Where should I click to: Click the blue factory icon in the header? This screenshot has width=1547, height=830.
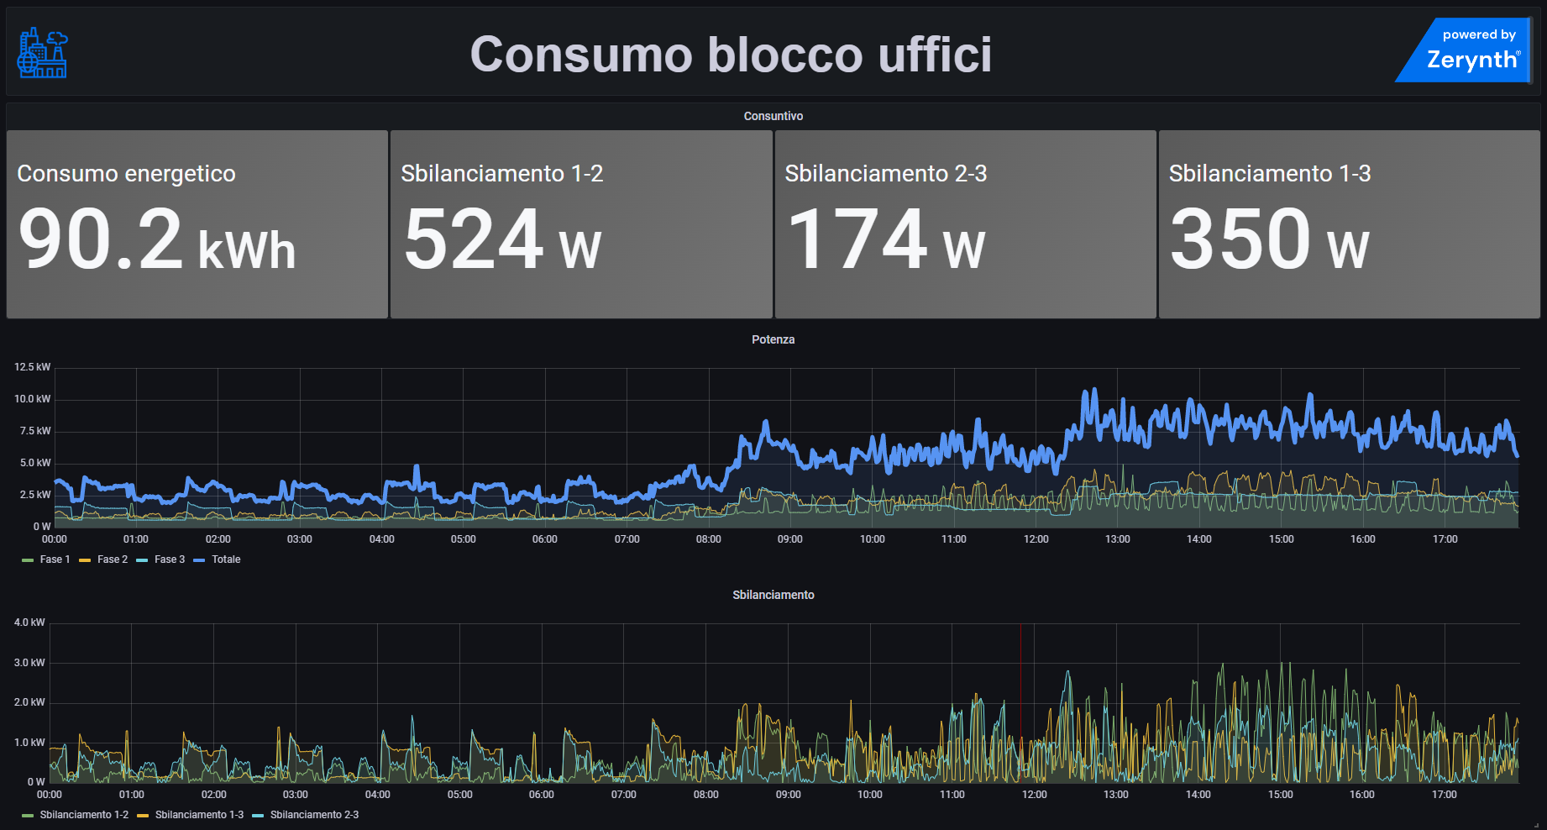tap(43, 53)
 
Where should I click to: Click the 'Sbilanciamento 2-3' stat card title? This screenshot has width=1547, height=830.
tap(885, 173)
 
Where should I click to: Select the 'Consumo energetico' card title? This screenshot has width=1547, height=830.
tap(126, 173)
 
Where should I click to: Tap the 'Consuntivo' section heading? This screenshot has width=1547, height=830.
tap(773, 116)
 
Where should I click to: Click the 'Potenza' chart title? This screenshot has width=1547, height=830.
tap(773, 339)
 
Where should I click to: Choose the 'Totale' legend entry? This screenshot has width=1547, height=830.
tap(225, 559)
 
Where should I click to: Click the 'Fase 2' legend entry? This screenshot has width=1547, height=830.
tap(112, 559)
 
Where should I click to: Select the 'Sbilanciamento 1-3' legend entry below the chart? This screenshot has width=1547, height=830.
tap(199, 815)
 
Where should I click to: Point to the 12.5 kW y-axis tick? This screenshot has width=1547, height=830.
tap(32, 367)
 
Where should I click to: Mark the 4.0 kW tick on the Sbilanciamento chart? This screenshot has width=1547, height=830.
tap(29, 622)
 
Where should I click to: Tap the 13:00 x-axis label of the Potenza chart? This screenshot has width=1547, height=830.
tap(1117, 539)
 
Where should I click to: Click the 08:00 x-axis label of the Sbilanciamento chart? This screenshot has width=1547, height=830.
tap(705, 795)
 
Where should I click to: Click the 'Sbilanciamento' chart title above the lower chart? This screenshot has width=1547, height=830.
tap(773, 595)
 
